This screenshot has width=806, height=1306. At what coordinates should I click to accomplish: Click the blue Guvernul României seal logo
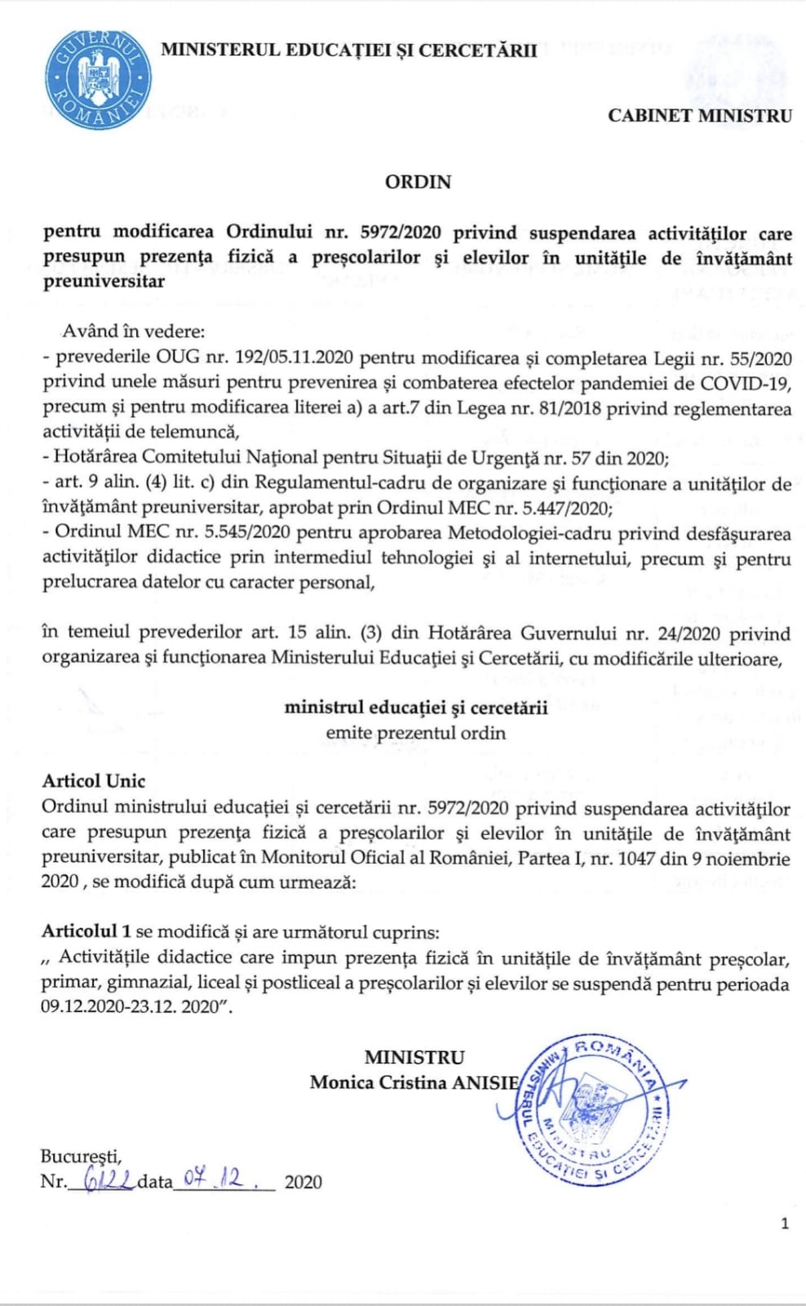[x=98, y=79]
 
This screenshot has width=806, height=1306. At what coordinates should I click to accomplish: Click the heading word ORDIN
[x=418, y=181]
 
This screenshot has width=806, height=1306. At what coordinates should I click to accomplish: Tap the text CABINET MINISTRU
[x=699, y=116]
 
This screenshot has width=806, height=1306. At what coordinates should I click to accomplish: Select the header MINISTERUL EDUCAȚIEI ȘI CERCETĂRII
[x=349, y=50]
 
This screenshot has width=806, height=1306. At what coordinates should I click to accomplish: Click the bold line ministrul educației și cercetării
[x=416, y=707]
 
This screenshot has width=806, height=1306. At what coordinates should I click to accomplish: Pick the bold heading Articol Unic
[x=94, y=780]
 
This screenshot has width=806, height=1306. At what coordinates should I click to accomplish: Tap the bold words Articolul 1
[x=86, y=931]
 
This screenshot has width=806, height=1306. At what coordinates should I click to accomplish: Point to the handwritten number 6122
[x=101, y=1179]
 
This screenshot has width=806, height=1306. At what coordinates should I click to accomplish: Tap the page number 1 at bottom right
[x=785, y=1223]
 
